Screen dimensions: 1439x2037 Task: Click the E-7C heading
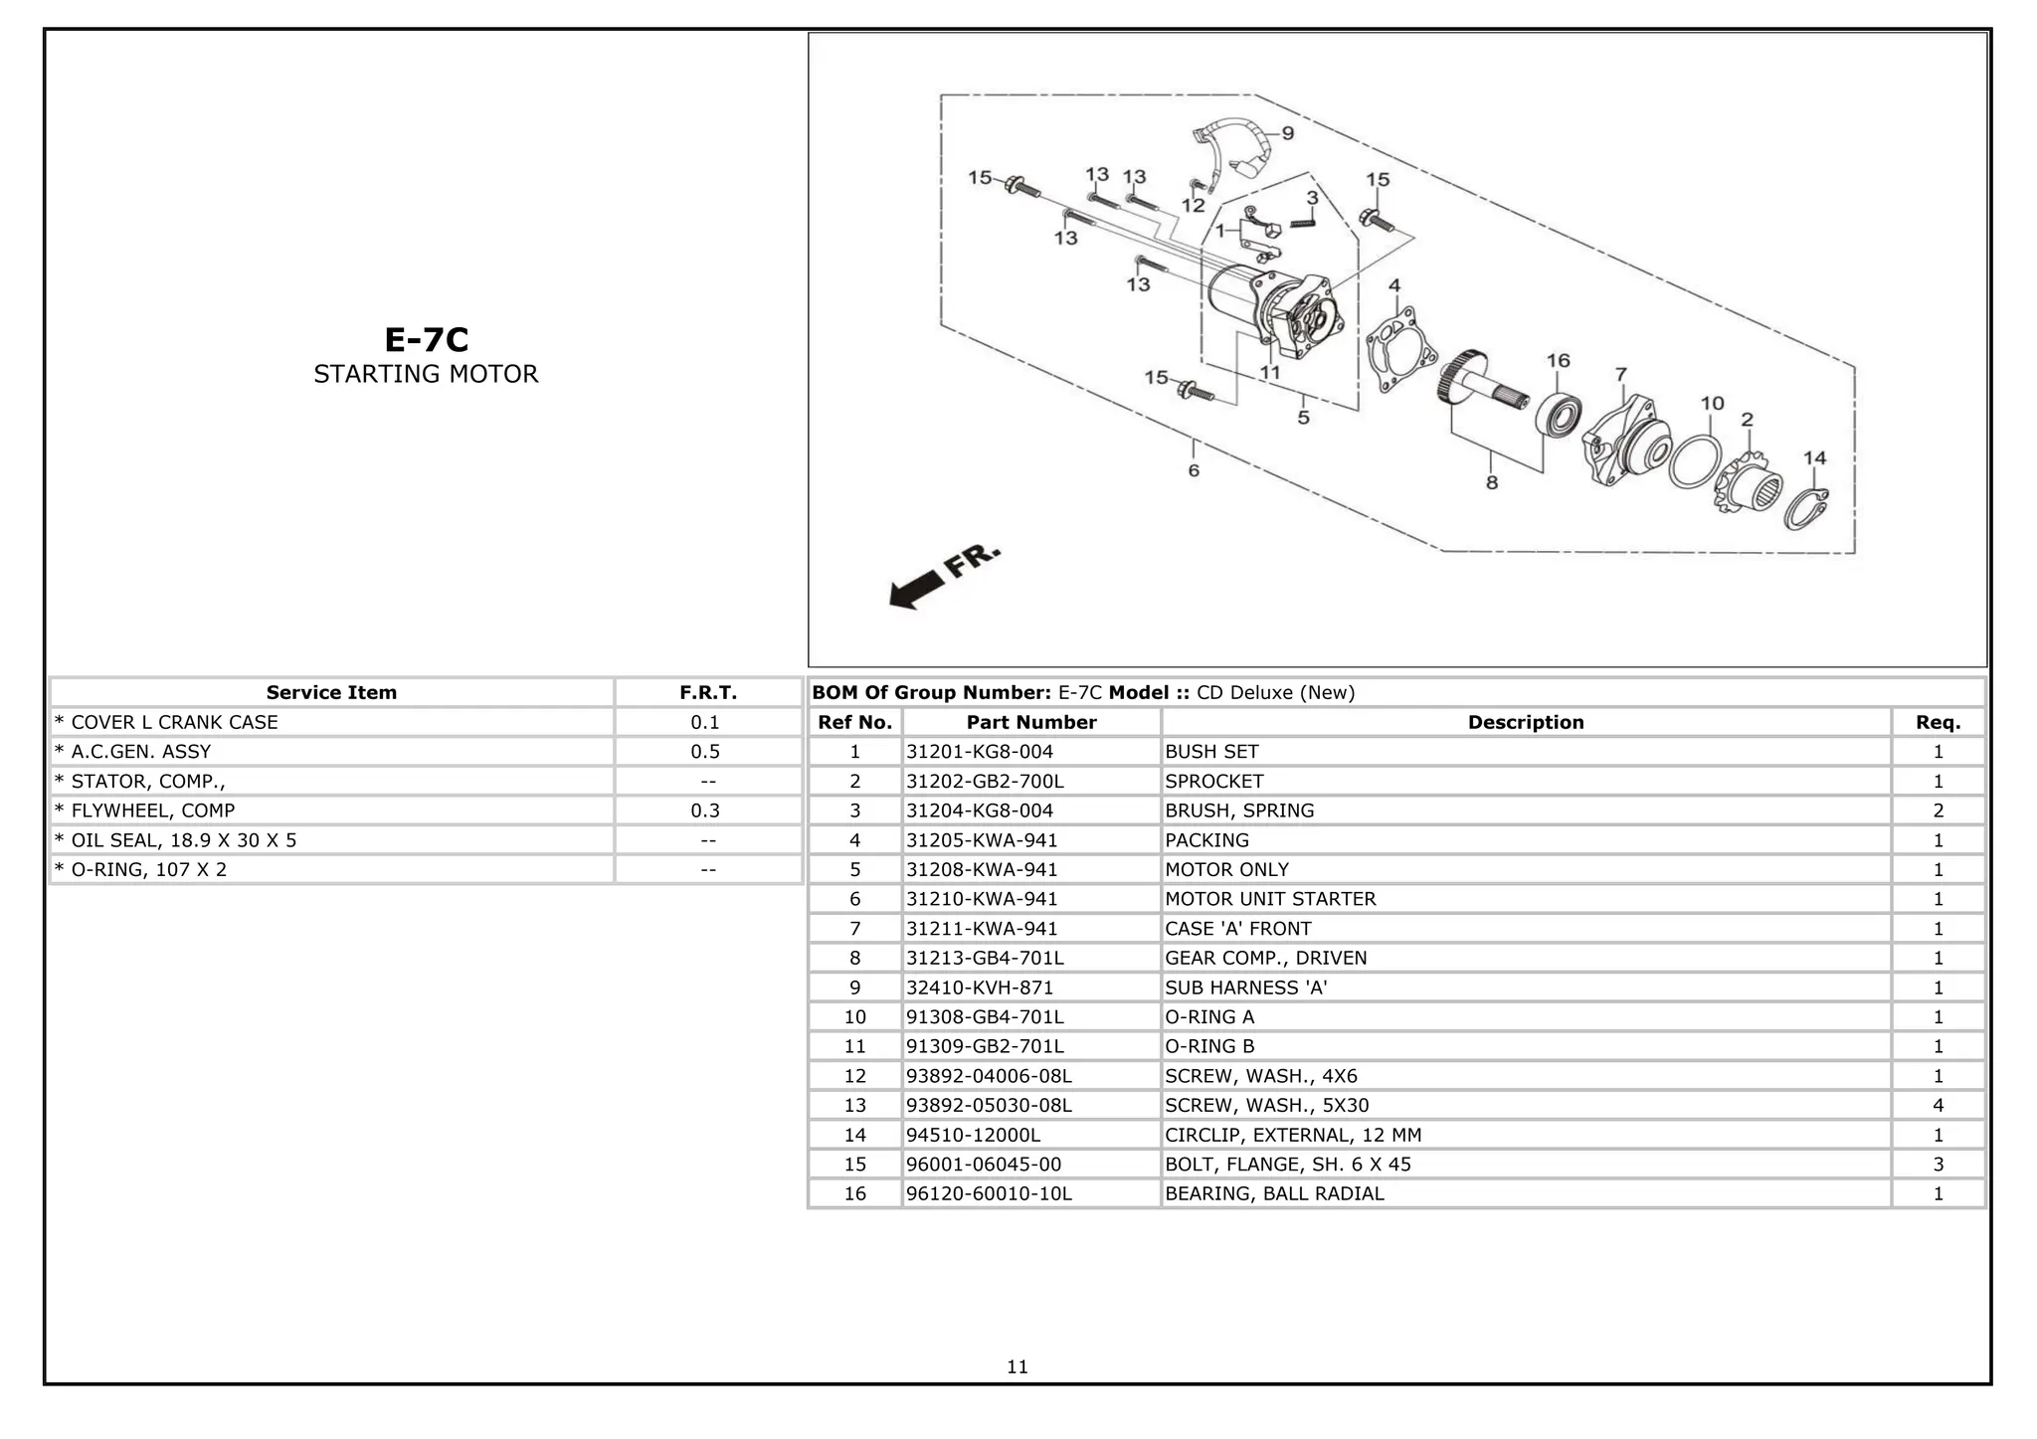pos(426,340)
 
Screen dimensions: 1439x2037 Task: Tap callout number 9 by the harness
pos(1287,133)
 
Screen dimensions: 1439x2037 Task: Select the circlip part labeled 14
pos(1805,509)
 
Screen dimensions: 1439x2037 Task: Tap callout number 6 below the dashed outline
pos(1194,470)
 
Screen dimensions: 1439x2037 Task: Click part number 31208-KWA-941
pos(981,870)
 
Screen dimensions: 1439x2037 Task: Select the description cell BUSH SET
pos(1210,752)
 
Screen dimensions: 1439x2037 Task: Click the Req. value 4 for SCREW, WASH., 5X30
pos(1937,1105)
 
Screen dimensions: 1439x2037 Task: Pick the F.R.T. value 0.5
pos(705,752)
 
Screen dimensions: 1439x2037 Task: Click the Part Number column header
pos(1030,723)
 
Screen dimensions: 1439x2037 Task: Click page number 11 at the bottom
pos(1017,1366)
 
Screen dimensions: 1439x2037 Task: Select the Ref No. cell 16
pos(854,1193)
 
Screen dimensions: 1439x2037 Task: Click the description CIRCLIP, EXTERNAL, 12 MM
pos(1292,1135)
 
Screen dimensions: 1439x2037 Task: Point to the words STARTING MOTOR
pos(426,375)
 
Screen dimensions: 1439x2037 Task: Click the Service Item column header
pos(331,693)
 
